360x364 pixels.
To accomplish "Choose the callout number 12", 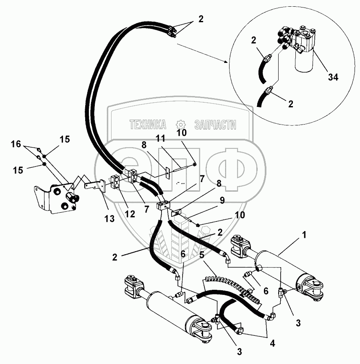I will (130, 214).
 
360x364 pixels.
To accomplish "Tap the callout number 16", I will (16, 144).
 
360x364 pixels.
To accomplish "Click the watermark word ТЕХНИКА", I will (148, 125).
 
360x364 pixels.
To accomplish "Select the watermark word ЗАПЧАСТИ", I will (215, 125).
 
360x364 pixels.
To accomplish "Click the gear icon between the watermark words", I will (181, 124).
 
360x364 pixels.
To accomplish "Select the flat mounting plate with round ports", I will (59, 199).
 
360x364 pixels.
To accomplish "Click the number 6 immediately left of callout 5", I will (183, 254).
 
